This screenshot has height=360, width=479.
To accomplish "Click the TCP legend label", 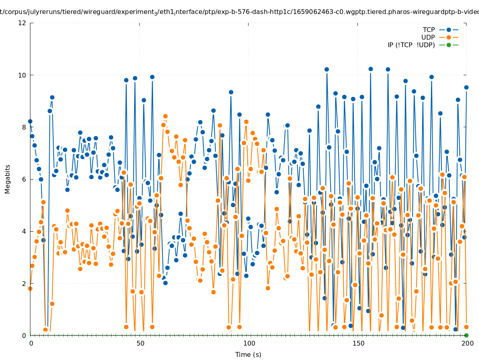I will [429, 30].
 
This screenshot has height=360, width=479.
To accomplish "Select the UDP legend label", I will [428, 37].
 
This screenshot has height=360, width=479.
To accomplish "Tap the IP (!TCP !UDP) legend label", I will [411, 45].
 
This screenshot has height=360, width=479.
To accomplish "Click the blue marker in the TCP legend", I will [449, 30].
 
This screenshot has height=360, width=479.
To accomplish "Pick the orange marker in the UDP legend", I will [449, 37].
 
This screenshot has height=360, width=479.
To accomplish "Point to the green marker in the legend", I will [449, 45].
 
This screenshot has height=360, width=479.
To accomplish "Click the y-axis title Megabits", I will [8, 179].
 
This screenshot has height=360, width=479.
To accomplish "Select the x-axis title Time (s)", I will [248, 354].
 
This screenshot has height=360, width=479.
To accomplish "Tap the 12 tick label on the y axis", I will [22, 23].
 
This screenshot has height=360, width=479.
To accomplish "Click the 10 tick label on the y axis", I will [22, 75].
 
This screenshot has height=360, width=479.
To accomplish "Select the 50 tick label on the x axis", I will [140, 343].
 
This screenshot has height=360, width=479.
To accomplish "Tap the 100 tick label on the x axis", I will [249, 343].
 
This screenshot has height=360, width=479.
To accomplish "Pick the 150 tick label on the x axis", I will [358, 343].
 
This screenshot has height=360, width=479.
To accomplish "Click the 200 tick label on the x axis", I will [467, 343].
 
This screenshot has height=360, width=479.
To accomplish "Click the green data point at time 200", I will [466, 335].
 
